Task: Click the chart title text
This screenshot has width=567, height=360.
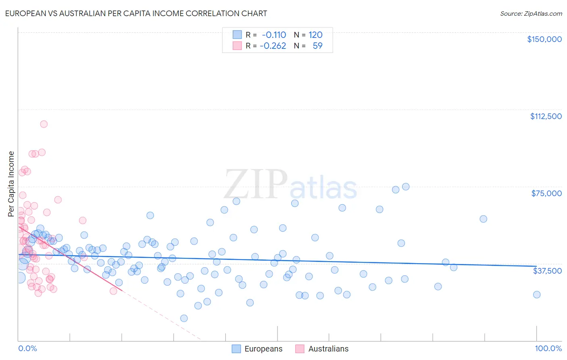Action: [x=136, y=13]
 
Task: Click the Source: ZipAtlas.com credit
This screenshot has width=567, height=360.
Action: [x=531, y=14]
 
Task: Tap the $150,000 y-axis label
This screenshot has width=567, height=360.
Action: [x=544, y=39]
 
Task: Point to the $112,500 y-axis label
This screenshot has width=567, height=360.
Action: [x=546, y=116]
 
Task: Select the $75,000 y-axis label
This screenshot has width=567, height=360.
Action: [x=546, y=193]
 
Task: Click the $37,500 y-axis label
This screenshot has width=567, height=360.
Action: [x=547, y=270]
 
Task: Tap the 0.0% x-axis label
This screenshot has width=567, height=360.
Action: [x=27, y=348]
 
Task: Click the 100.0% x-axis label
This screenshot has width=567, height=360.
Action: [x=548, y=348]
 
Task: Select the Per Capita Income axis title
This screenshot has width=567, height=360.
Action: [x=11, y=184]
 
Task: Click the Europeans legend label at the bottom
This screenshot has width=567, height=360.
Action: [x=263, y=349]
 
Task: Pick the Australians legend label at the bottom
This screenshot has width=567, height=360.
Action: [x=328, y=349]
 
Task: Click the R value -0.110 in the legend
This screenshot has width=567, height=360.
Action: [x=274, y=35]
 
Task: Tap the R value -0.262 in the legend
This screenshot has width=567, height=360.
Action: [x=273, y=46]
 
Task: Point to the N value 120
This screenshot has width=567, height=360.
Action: [x=315, y=35]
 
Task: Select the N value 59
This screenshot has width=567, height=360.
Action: [x=317, y=46]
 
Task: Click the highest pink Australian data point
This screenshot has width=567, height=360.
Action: [x=44, y=124]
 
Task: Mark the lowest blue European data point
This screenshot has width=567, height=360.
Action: [x=184, y=318]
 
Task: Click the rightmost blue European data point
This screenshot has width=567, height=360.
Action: [x=536, y=295]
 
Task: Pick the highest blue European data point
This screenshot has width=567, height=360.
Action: [x=406, y=186]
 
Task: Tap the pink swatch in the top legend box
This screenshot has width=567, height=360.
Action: [x=237, y=46]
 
